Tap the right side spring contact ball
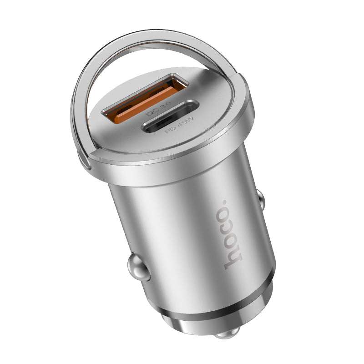point(260,198)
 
